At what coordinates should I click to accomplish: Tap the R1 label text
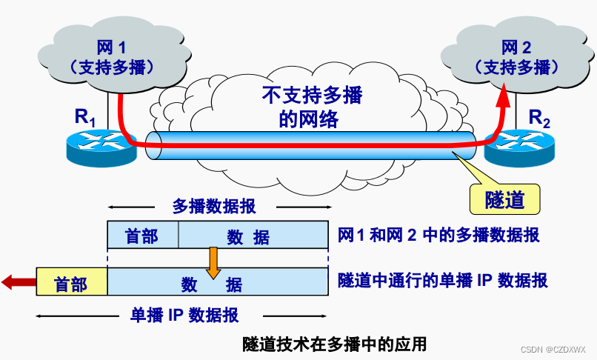coord(85,116)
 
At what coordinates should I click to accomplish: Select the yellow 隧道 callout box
coord(504,199)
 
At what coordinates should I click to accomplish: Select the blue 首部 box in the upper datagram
coord(142,236)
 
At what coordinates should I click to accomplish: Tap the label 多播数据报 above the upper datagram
coord(214,206)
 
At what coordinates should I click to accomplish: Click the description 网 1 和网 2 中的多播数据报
coord(438,236)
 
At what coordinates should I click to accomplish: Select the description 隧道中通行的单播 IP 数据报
coord(443,281)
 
